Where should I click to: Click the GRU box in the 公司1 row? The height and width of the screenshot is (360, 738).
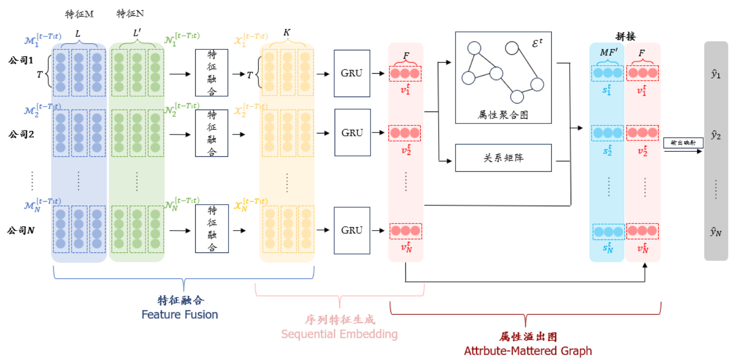(x=352, y=73)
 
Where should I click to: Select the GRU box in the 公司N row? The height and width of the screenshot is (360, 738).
(x=352, y=231)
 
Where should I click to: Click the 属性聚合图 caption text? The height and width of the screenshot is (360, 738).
(x=503, y=115)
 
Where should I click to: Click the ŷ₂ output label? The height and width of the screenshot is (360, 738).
(x=716, y=134)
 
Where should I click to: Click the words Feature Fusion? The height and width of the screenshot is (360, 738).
(x=180, y=315)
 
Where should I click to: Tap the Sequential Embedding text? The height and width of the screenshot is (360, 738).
(x=339, y=334)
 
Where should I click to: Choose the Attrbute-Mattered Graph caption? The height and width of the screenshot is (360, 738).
(x=528, y=351)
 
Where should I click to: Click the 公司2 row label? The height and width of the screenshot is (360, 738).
(x=20, y=133)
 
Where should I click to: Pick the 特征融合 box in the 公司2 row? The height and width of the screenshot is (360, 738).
(x=212, y=133)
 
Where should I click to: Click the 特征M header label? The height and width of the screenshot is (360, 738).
(x=79, y=13)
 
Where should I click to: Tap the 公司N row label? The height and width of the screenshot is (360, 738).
(x=20, y=231)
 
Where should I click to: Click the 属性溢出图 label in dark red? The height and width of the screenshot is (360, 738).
(x=527, y=337)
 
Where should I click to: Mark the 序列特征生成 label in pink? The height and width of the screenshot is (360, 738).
(x=340, y=319)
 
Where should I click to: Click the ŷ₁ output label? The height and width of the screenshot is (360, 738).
(x=716, y=76)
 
